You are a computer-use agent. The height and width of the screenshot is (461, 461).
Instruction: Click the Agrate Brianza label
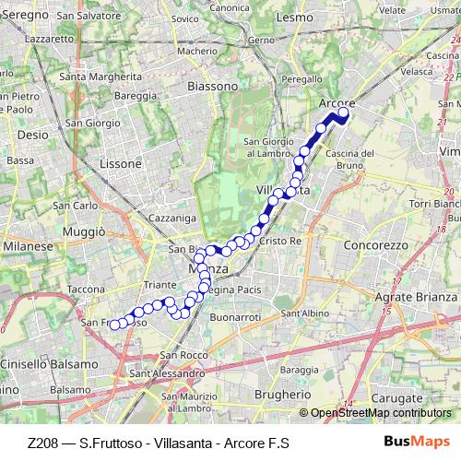click(417, 297)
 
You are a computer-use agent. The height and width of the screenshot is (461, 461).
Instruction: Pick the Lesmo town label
click(296, 17)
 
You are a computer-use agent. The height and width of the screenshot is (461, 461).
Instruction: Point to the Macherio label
click(196, 52)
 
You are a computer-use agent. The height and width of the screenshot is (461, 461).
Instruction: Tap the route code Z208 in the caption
click(44, 443)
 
